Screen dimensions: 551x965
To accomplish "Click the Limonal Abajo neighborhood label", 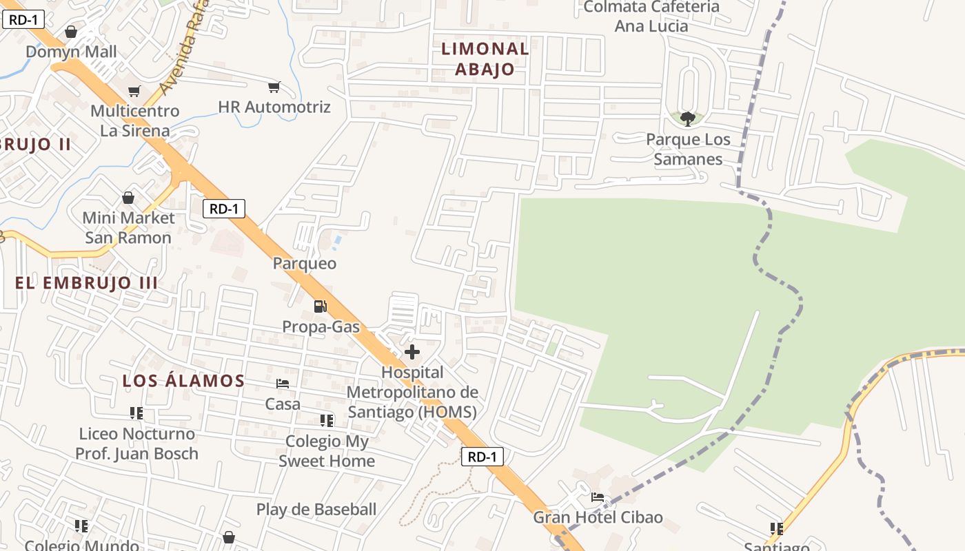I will [x=485, y=59].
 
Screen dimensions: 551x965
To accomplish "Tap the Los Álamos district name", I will [x=183, y=380].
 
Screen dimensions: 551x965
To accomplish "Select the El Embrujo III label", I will [x=87, y=282].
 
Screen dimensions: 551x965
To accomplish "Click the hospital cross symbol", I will [x=412, y=352].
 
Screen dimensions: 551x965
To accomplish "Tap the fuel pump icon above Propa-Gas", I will [x=320, y=306].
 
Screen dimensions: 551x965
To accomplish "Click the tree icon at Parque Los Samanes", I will [x=687, y=119].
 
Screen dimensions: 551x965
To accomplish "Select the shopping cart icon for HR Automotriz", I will [x=274, y=87].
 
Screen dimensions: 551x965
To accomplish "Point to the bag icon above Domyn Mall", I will [x=71, y=32].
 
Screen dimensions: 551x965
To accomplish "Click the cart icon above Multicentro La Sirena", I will [x=134, y=91].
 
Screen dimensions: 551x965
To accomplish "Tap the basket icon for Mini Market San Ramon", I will [x=128, y=198].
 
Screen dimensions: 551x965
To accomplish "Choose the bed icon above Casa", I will [x=283, y=383].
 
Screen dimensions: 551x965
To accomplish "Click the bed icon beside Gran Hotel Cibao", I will [x=598, y=497].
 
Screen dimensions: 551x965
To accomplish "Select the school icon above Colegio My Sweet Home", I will [x=327, y=420].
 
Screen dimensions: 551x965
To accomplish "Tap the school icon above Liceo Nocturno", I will [x=136, y=413].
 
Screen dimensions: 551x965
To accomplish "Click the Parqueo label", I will [x=305, y=263].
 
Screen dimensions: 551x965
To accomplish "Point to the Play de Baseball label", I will [x=316, y=510].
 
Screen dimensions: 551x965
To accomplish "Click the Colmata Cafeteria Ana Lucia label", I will [x=651, y=17].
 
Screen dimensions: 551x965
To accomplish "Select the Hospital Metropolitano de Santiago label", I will [x=412, y=392].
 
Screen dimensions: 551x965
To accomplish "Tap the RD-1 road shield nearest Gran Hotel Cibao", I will [x=482, y=456].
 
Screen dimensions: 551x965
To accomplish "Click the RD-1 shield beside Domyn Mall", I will [x=23, y=19].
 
